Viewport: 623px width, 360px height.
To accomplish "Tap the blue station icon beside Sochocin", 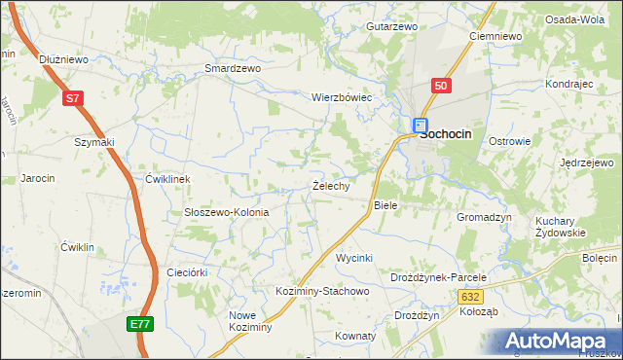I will pos(420,126).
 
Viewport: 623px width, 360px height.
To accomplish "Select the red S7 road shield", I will pos(73,98).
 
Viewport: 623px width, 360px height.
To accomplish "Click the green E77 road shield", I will pos(140,323).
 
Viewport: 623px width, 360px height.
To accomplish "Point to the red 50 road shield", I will pos(441,86).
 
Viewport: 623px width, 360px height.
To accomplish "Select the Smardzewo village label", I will pos(233,69).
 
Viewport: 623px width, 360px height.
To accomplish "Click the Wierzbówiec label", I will pos(342,98).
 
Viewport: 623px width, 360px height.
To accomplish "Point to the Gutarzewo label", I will pos(391,26).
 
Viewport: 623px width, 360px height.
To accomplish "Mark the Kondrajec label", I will pos(569,84).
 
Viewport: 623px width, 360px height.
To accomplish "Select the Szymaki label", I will pos(94,142).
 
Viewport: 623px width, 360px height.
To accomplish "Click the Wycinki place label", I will pos(354,258).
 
